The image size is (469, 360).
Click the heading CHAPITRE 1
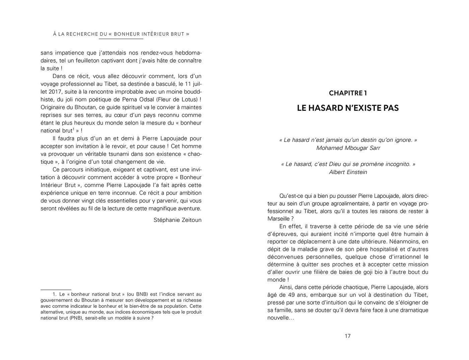click(348, 93)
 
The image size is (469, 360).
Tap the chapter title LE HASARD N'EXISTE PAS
click(348, 108)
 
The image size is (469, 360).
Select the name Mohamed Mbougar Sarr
click(348, 148)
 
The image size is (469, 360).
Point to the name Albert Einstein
click(348, 172)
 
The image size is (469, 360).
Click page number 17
click(347, 336)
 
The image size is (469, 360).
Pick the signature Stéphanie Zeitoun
click(178, 220)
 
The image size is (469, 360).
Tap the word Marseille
click(278, 219)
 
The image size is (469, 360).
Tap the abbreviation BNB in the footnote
click(142, 294)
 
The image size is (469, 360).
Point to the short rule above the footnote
click(56, 289)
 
